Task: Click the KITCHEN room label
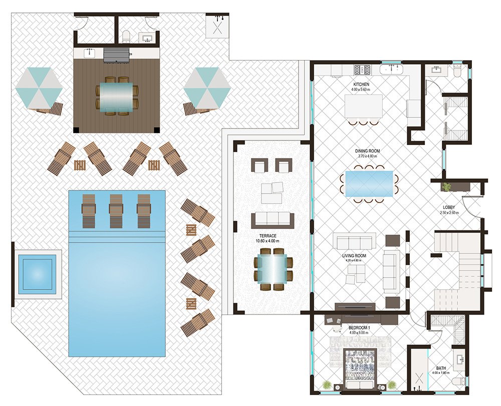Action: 361,84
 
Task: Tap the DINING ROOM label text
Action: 367,151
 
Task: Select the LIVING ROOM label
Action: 354,255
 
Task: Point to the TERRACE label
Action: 268,236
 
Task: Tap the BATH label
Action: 441,368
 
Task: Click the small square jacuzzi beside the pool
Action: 37,274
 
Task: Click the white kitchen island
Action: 364,106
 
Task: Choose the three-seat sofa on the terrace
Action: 273,220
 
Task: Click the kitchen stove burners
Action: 362,69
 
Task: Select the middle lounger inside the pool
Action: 116,211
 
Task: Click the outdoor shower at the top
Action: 217,26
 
